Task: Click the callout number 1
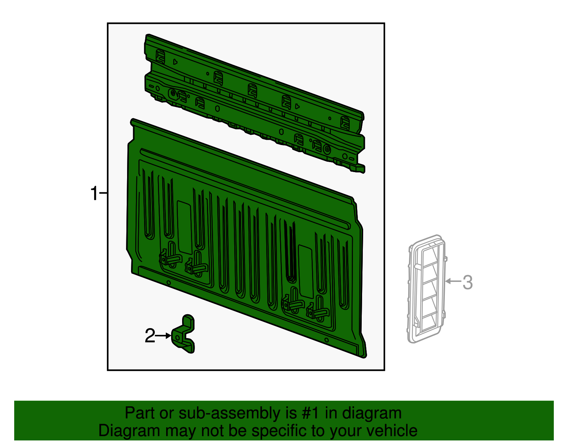click(94, 193)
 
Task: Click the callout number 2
click(150, 336)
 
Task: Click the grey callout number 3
click(468, 282)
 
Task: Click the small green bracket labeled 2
click(183, 334)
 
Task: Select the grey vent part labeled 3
click(427, 289)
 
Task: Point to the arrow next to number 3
click(453, 281)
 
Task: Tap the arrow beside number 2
click(163, 336)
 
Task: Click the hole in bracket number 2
click(178, 338)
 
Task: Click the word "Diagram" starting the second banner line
click(129, 431)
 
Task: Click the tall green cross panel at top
click(255, 103)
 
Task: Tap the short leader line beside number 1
click(104, 193)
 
